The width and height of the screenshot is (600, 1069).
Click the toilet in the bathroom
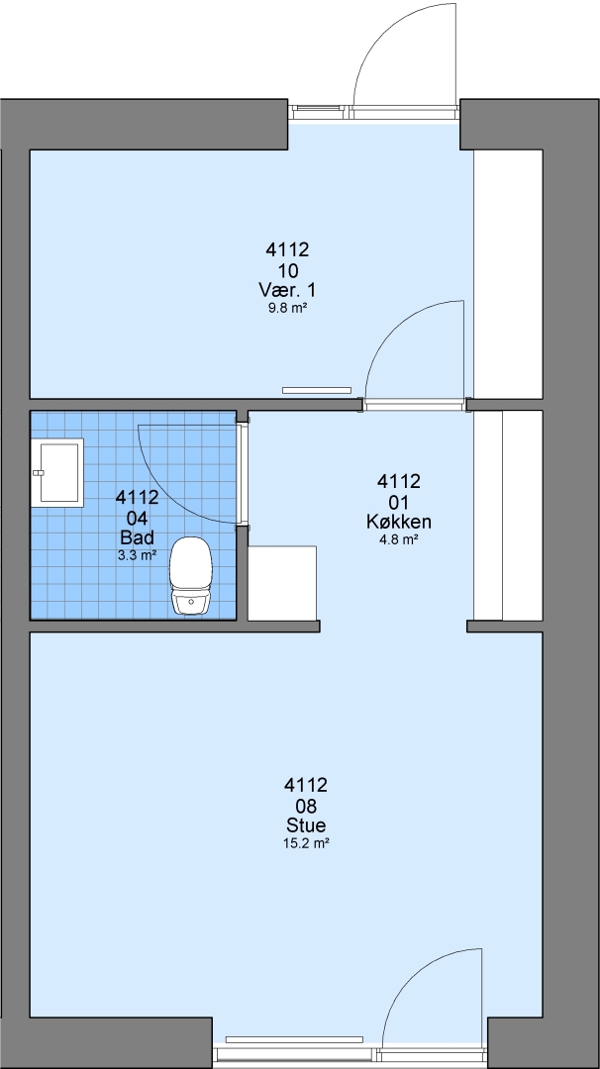pyautogui.click(x=191, y=575)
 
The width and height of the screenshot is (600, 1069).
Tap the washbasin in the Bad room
pyautogui.click(x=57, y=472)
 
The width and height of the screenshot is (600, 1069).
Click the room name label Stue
pyautogui.click(x=306, y=826)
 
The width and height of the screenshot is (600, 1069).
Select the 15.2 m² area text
pyautogui.click(x=306, y=843)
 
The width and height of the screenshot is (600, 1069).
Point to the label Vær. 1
pyautogui.click(x=287, y=290)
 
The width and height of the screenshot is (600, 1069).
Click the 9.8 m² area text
pyautogui.click(x=287, y=308)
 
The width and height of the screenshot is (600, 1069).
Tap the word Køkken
pyautogui.click(x=398, y=523)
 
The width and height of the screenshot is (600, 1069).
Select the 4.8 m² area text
pyautogui.click(x=398, y=539)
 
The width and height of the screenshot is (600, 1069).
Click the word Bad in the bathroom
pyautogui.click(x=137, y=536)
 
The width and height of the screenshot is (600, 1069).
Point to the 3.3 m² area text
pyautogui.click(x=137, y=555)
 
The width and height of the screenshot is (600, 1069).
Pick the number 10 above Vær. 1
pyautogui.click(x=288, y=271)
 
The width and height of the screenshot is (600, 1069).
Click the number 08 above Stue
pyautogui.click(x=306, y=808)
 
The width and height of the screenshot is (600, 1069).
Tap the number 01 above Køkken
pyautogui.click(x=398, y=503)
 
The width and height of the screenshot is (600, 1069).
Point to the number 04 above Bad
pyautogui.click(x=137, y=518)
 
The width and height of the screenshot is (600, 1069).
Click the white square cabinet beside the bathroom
pyautogui.click(x=281, y=583)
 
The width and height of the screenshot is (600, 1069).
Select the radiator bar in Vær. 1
pyautogui.click(x=317, y=391)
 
